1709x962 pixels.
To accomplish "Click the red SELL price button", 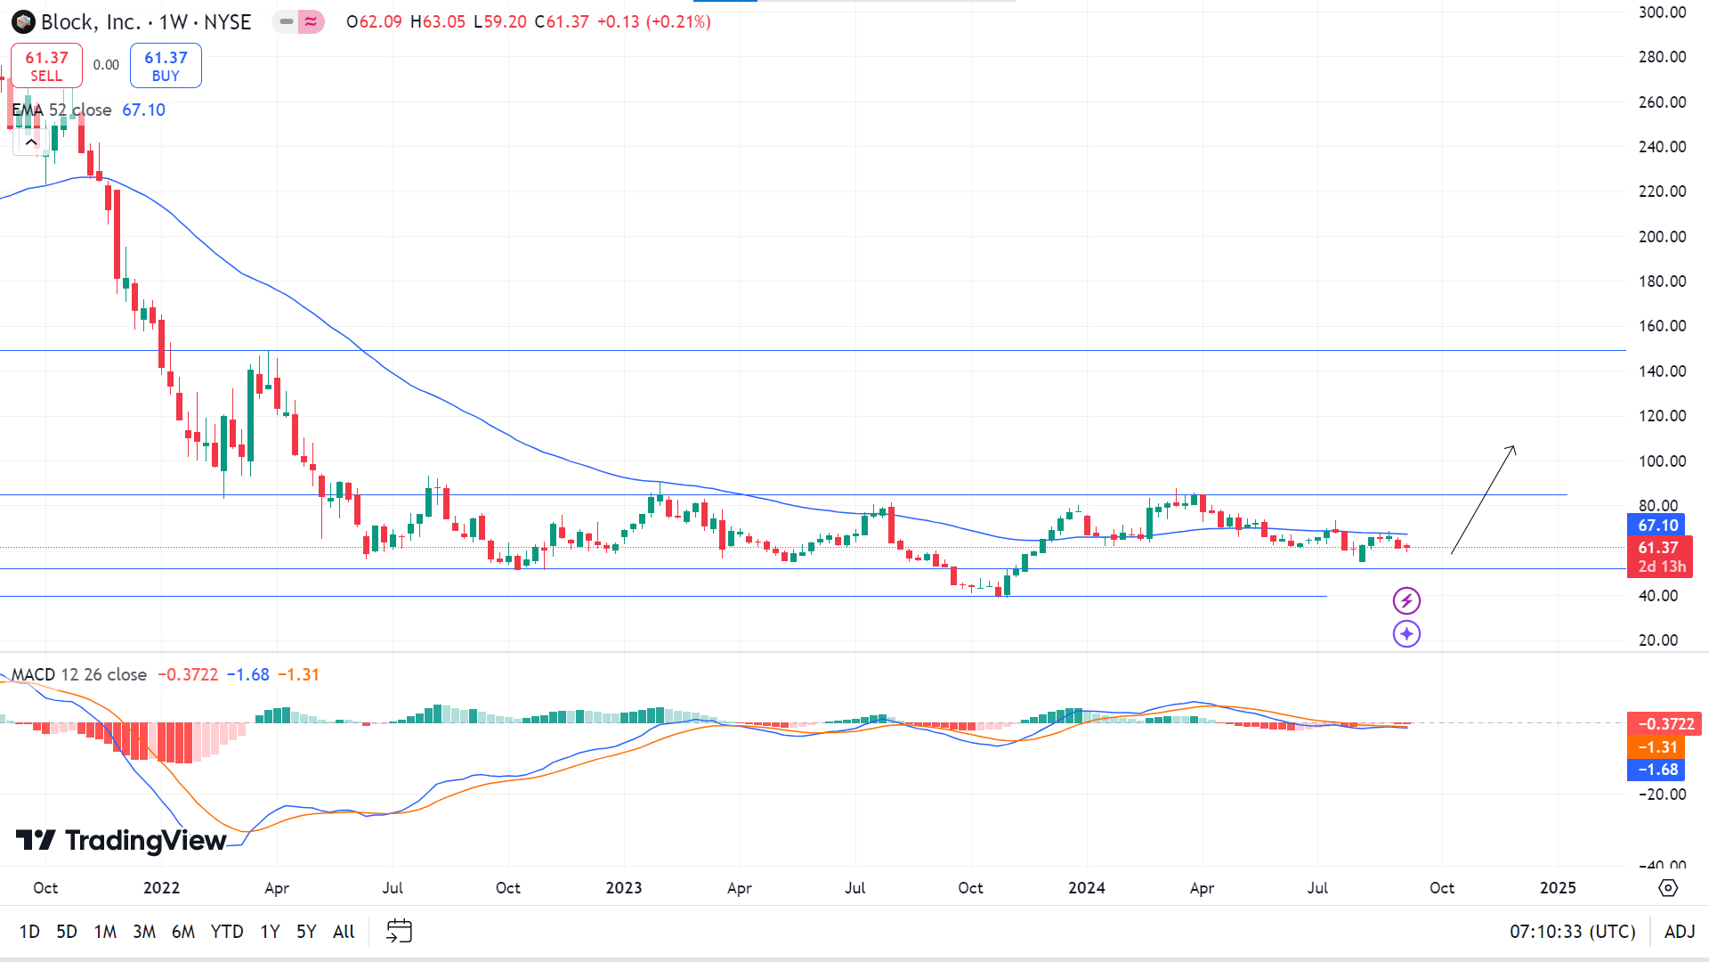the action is pos(46,66).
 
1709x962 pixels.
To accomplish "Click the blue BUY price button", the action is pos(166,66).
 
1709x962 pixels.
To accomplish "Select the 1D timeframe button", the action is pos(29,932).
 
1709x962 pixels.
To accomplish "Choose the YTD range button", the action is pos(227,932).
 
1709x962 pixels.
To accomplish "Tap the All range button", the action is pos(344,932).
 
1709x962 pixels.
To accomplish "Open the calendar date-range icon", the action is pos(399,932).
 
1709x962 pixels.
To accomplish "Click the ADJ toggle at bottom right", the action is pos(1680,932).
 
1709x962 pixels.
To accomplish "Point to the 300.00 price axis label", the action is pos(1662,12).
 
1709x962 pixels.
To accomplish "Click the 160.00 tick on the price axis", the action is pos(1662,326).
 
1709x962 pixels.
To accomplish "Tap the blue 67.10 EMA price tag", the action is pos(1657,526).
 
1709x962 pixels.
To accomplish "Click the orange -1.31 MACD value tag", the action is pos(1656,747).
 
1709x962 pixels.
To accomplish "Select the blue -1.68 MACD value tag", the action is pos(1656,770).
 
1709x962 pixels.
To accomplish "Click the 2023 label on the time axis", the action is pos(624,888).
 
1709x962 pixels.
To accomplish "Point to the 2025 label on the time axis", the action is pos(1558,888).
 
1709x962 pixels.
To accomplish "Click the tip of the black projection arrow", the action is pos(1514,445).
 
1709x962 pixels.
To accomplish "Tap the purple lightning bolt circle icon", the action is pos(1406,601).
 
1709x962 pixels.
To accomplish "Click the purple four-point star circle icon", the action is pos(1406,634).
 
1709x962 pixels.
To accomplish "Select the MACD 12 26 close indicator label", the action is pos(79,675).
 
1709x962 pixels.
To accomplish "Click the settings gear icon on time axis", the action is pos(1668,888).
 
